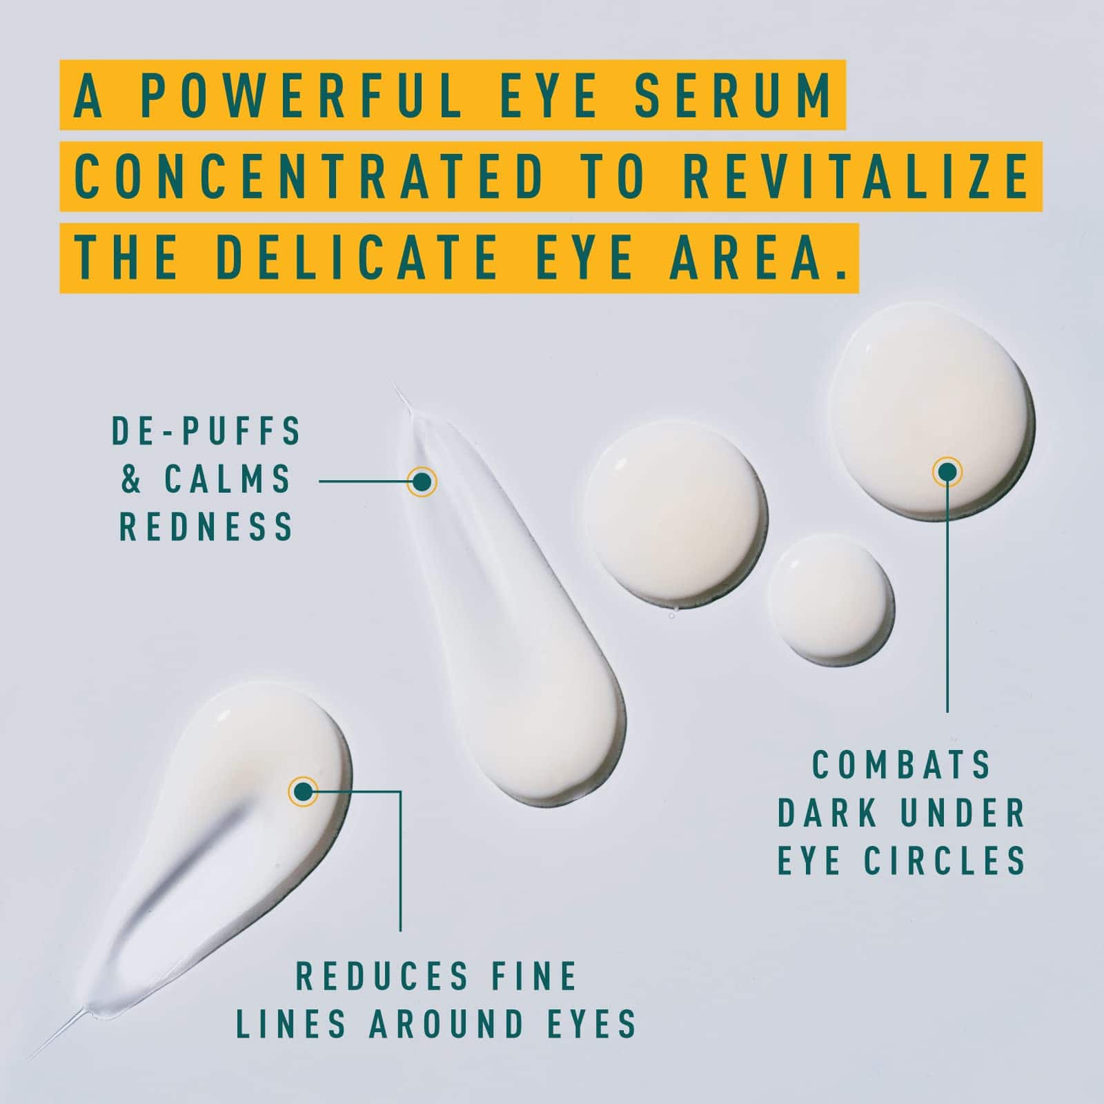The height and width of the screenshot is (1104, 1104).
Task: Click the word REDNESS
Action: [207, 527]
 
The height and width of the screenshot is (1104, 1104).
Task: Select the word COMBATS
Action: [902, 765]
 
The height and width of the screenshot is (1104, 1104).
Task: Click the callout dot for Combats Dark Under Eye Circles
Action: [947, 471]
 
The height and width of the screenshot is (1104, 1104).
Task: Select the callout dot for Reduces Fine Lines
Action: [303, 791]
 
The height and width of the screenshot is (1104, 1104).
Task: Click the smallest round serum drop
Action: [830, 596]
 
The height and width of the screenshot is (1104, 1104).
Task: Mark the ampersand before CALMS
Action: [132, 480]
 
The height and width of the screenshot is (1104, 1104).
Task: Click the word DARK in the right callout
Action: [820, 813]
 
